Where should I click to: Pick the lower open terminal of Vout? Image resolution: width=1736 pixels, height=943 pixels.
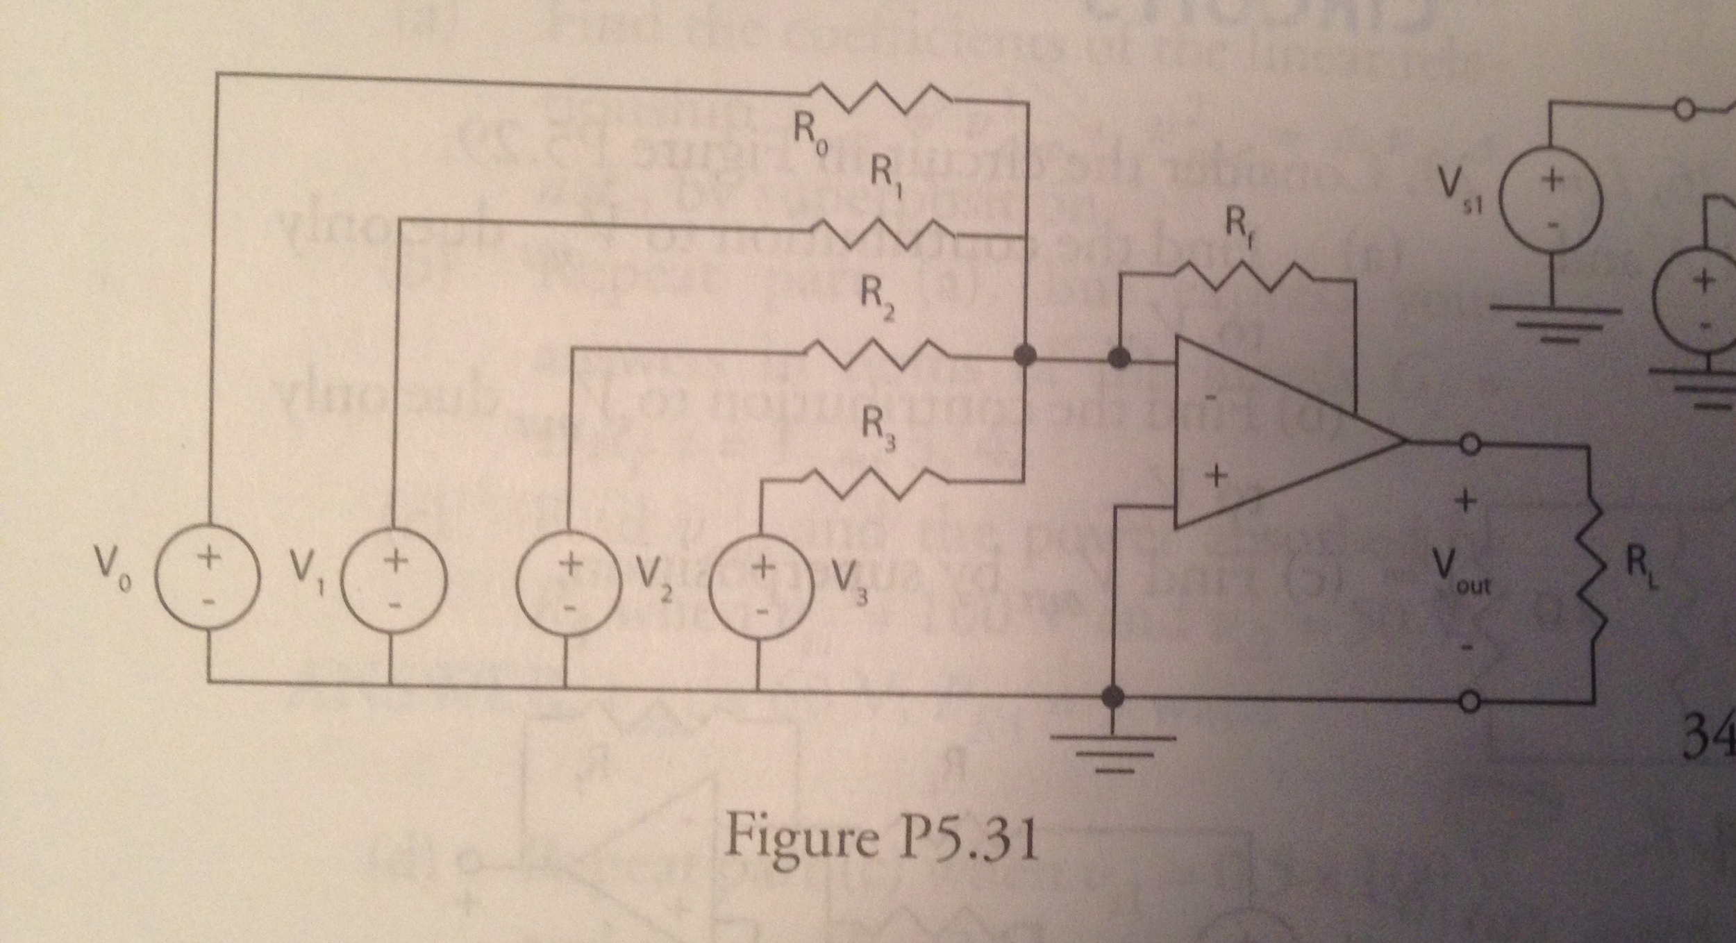(1467, 702)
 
